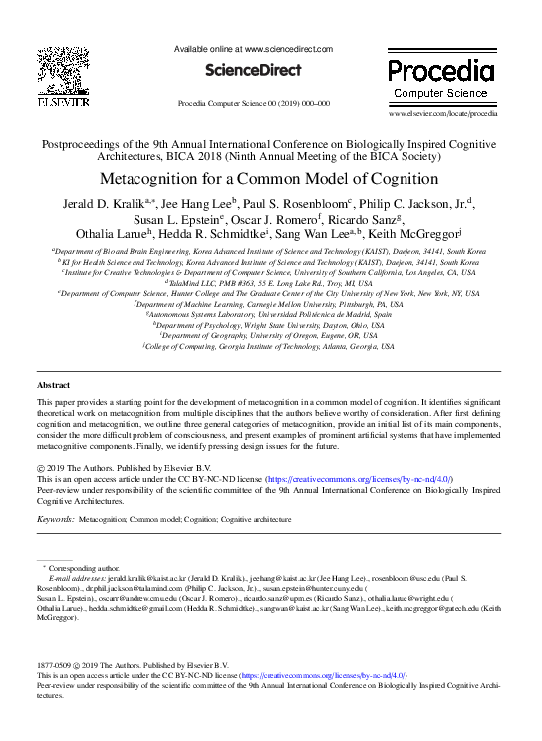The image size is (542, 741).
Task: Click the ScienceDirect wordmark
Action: (x=253, y=70)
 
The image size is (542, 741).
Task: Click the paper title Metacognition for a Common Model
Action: (x=269, y=180)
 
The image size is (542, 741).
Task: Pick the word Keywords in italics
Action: (x=55, y=520)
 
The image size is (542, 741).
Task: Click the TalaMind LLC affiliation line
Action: (x=269, y=283)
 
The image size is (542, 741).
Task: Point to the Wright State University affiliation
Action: (x=269, y=325)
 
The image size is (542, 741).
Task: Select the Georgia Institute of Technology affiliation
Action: (x=269, y=347)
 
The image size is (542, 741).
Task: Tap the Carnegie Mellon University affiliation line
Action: (x=269, y=304)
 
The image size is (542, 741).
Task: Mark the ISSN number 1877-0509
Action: (x=55, y=665)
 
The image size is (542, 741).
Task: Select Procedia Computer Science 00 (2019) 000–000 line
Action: (x=253, y=103)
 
